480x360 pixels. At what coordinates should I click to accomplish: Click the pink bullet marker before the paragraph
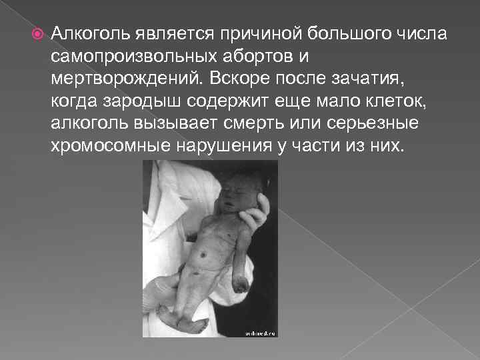[36, 33]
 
